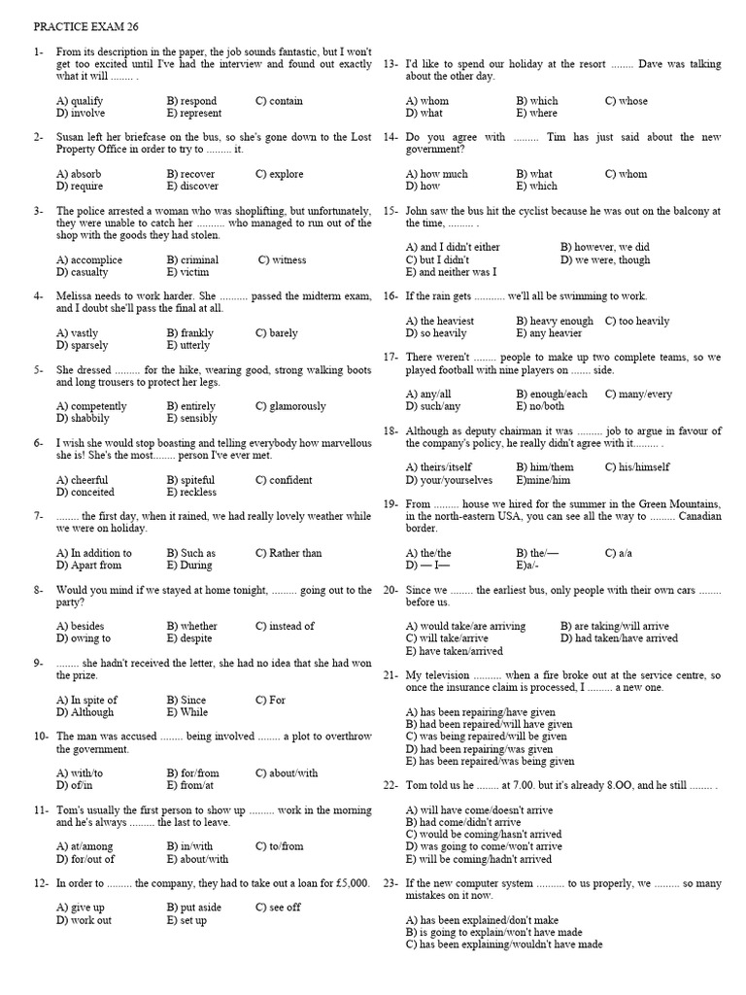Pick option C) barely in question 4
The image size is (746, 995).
point(277,333)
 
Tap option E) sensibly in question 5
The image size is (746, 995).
point(192,419)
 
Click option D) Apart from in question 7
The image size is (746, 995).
point(89,565)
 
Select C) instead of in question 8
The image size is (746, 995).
point(285,626)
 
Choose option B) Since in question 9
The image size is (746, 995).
point(186,700)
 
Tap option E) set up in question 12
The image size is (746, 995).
point(186,919)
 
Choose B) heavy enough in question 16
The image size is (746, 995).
point(554,321)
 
